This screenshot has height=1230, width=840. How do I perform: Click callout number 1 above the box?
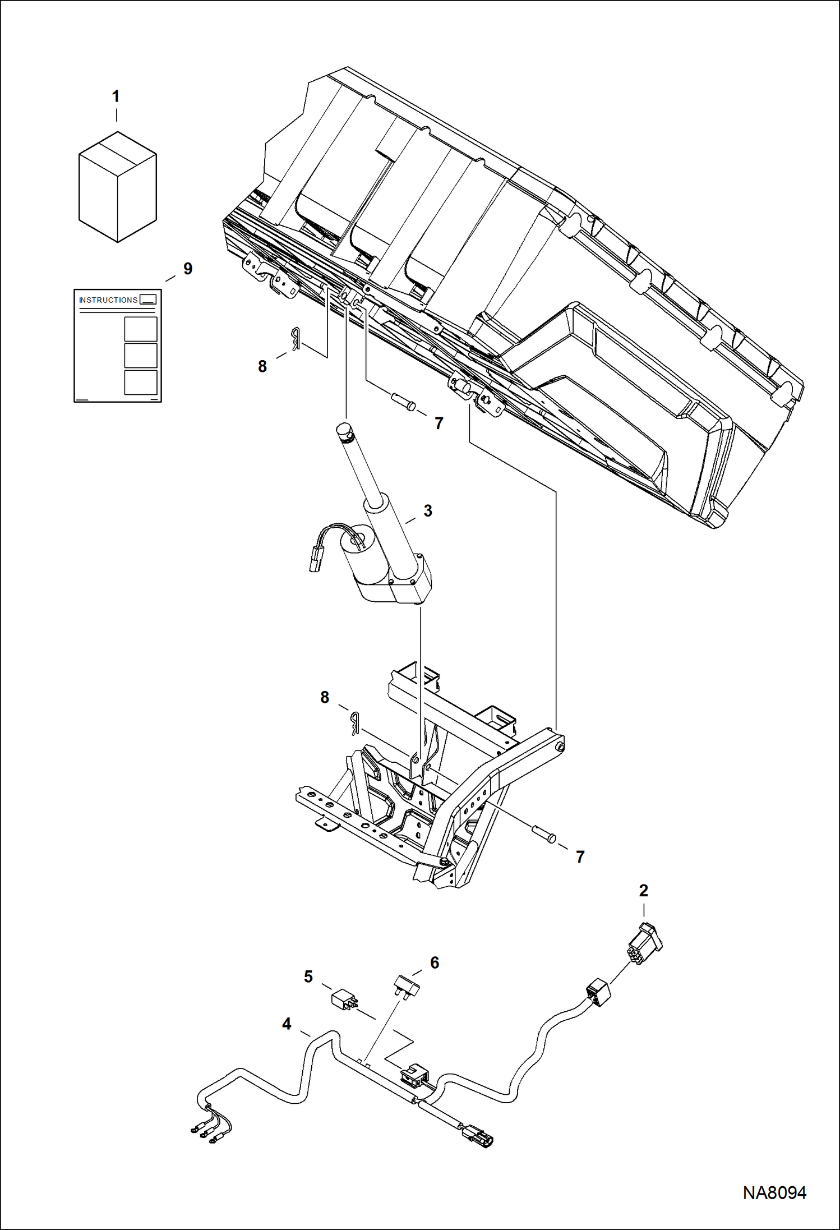click(x=116, y=96)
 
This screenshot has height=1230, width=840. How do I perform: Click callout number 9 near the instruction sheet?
click(x=188, y=269)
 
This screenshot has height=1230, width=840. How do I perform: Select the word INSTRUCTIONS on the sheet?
click(x=108, y=300)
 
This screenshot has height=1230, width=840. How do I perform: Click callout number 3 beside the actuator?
click(x=428, y=511)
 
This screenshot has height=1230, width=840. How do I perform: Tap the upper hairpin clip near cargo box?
click(x=295, y=339)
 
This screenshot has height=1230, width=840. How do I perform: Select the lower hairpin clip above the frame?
click(x=354, y=723)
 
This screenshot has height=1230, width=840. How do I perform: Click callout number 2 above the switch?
click(x=643, y=890)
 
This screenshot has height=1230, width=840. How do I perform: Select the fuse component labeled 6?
click(x=407, y=985)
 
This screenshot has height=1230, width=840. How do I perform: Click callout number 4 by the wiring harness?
click(x=287, y=1024)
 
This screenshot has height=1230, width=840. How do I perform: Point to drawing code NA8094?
click(x=774, y=1192)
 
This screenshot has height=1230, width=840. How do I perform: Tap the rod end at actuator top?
click(x=343, y=431)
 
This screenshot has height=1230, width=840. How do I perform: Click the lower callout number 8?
click(x=325, y=697)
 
